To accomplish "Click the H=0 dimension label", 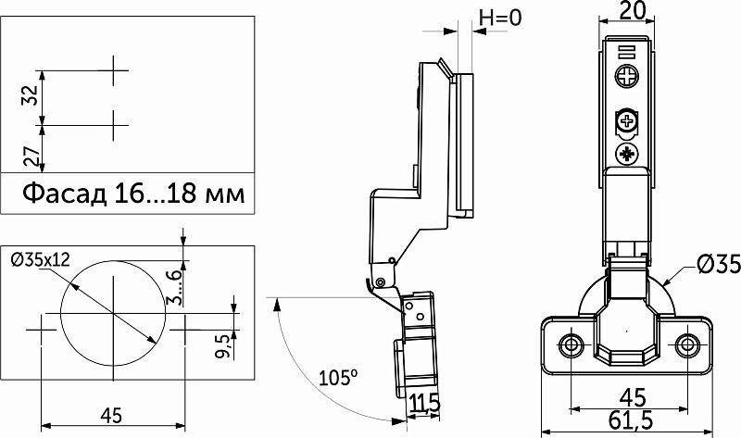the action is tap(500, 18).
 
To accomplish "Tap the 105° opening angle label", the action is tap(338, 378).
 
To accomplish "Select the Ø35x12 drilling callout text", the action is tap(41, 259).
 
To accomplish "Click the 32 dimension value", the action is tap(31, 95).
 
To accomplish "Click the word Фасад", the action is tap(65, 194).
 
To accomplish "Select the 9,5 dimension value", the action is tap(223, 345).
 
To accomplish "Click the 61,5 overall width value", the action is tap(631, 420).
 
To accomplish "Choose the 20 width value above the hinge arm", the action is tap(633, 10).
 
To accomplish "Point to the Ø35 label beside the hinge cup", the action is tap(719, 264).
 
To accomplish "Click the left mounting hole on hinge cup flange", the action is tap(571, 345).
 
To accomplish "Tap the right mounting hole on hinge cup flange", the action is tap(687, 345).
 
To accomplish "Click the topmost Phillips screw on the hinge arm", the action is tap(627, 76).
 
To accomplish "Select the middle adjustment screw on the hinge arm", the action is tap(627, 121).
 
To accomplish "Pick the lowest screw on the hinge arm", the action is tap(627, 154).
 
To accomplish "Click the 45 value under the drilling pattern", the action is tap(111, 416).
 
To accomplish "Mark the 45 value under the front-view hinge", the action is tap(633, 398).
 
